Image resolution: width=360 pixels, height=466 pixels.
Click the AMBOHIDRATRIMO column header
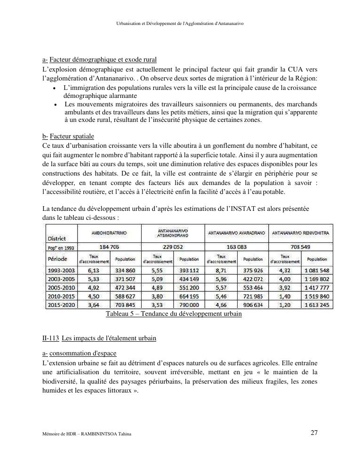click(109, 233)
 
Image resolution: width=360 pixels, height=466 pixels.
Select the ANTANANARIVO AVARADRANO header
click(237, 233)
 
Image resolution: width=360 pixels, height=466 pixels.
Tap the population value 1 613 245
click(317, 305)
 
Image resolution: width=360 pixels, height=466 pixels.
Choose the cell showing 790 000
click(190, 305)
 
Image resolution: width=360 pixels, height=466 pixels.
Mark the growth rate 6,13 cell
click(94, 271)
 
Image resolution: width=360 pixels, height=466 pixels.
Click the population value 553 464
click(253, 288)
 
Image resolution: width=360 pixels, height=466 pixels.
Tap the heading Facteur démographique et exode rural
click(103, 60)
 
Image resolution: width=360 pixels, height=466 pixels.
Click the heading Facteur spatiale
click(72, 137)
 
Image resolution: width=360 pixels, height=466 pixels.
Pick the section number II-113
click(50, 338)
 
